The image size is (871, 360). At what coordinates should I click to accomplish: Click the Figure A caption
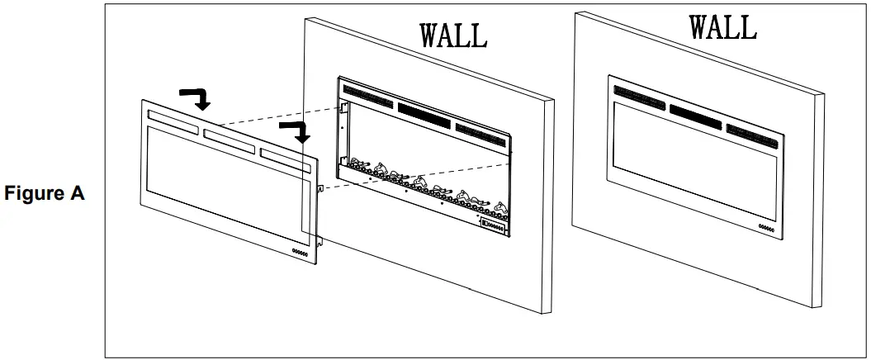click(x=45, y=194)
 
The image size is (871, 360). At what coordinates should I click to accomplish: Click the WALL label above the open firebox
click(x=453, y=35)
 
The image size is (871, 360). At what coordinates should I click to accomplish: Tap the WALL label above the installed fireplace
click(x=722, y=26)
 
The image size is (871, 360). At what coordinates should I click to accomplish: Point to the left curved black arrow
click(x=196, y=98)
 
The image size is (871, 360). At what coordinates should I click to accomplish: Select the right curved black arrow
click(x=296, y=130)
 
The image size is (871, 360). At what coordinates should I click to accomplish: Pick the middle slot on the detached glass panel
click(x=230, y=136)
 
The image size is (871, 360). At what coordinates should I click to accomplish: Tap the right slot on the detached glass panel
click(x=285, y=154)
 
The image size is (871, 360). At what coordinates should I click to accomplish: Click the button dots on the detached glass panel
click(x=299, y=253)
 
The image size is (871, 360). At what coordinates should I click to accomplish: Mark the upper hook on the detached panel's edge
click(x=320, y=188)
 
